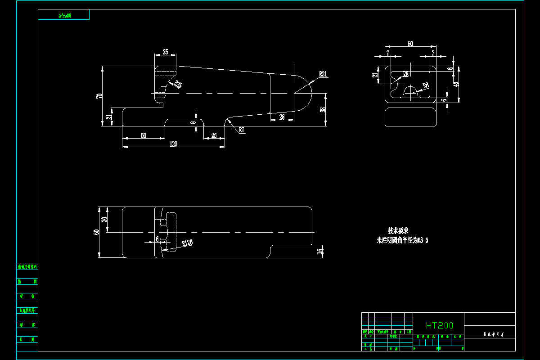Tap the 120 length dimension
[x=173, y=144]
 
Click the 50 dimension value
[x=143, y=135]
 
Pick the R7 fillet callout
[x=242, y=130]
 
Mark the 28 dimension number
[x=282, y=117]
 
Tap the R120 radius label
[x=187, y=243]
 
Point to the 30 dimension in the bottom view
[x=104, y=219]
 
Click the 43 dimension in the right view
[x=456, y=84]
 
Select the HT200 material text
[x=439, y=325]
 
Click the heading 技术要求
[x=398, y=231]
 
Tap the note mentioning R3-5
[x=402, y=240]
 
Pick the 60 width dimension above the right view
[x=410, y=44]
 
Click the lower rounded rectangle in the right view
[x=411, y=117]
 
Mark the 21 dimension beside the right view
[x=375, y=75]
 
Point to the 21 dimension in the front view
[x=108, y=117]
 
